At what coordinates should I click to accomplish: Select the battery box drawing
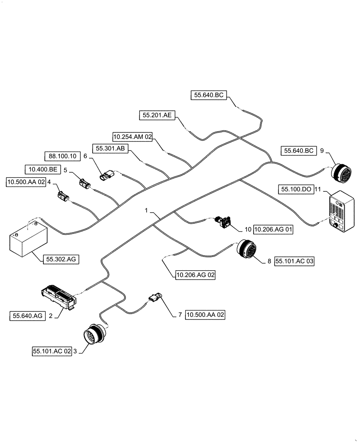[x=27, y=239]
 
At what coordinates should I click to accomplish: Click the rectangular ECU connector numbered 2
[x=58, y=295]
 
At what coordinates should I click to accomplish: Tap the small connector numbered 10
[x=224, y=221]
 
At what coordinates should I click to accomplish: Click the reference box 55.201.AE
[x=157, y=115]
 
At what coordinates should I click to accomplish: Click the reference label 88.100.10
[x=62, y=156]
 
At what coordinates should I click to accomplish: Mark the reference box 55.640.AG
[x=27, y=315]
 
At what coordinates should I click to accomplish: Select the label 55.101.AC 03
[x=294, y=261]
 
